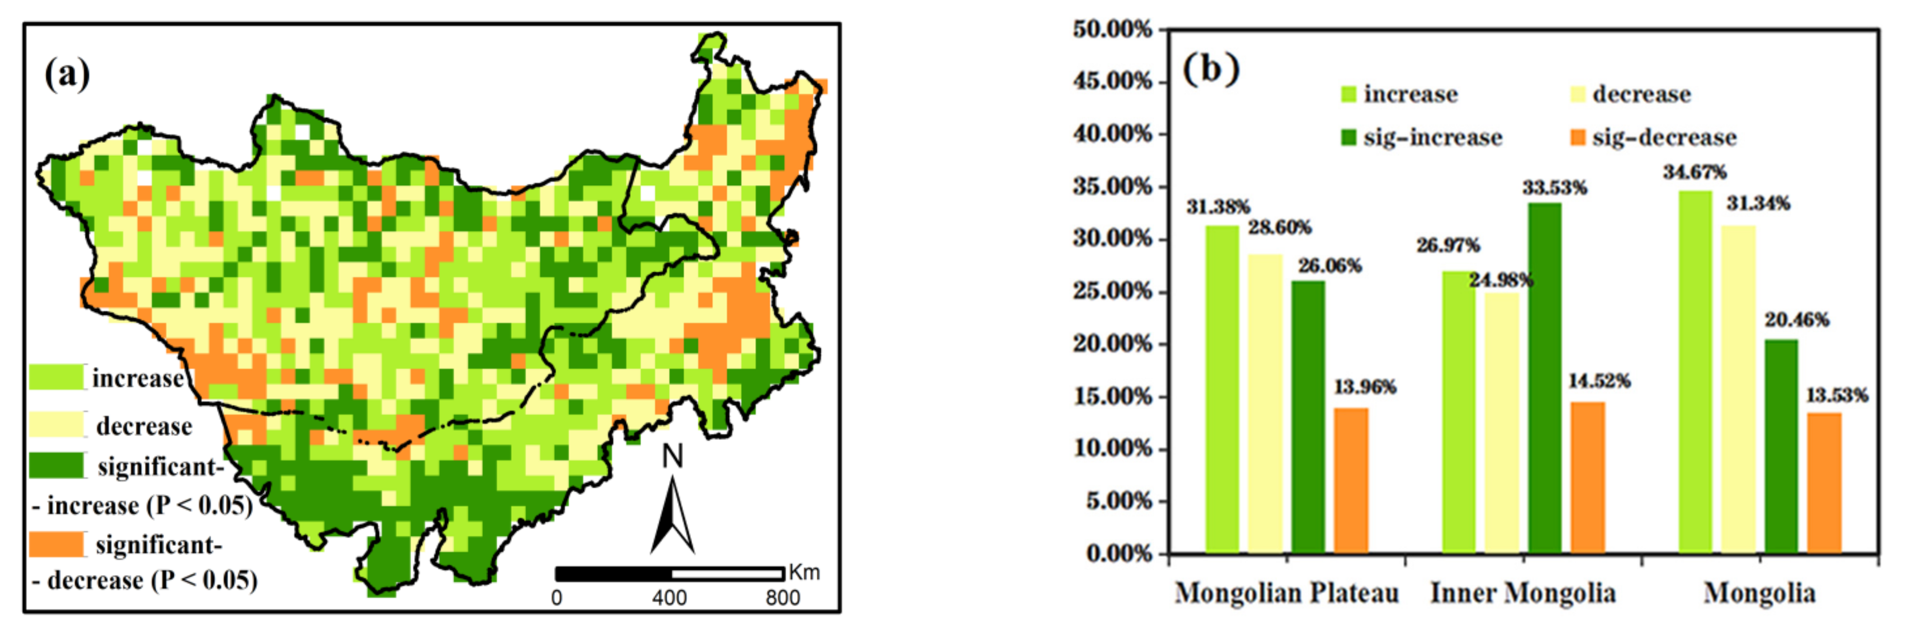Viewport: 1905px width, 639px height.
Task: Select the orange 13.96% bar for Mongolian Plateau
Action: [x=1351, y=481]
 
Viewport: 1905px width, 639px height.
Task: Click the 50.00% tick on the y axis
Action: [x=1112, y=30]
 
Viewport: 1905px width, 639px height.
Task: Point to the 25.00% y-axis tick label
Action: [x=1112, y=291]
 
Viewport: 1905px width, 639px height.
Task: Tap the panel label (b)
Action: [x=1211, y=70]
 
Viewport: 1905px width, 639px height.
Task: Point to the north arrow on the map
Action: [x=672, y=510]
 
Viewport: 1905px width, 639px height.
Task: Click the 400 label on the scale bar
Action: [x=669, y=598]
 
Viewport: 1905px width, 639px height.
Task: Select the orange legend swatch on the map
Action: [x=56, y=544]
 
